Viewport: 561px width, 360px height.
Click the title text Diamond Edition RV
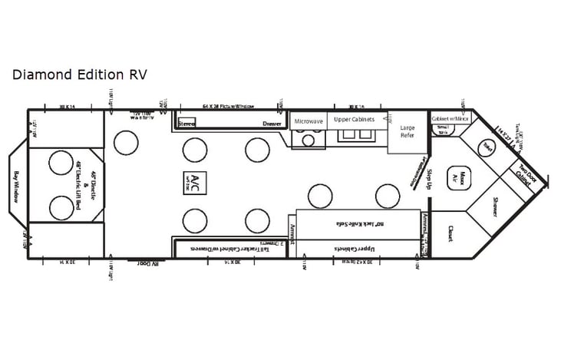click(x=79, y=74)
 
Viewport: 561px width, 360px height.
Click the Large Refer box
click(x=407, y=131)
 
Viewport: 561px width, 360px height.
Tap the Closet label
click(x=450, y=233)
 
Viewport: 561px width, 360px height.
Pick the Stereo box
click(x=186, y=123)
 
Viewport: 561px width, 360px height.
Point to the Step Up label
click(x=430, y=178)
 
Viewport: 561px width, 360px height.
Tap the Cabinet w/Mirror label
click(x=450, y=119)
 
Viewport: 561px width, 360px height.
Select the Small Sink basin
click(x=444, y=130)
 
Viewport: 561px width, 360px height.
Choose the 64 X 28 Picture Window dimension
click(x=228, y=106)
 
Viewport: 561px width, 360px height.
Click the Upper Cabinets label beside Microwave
click(x=353, y=120)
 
